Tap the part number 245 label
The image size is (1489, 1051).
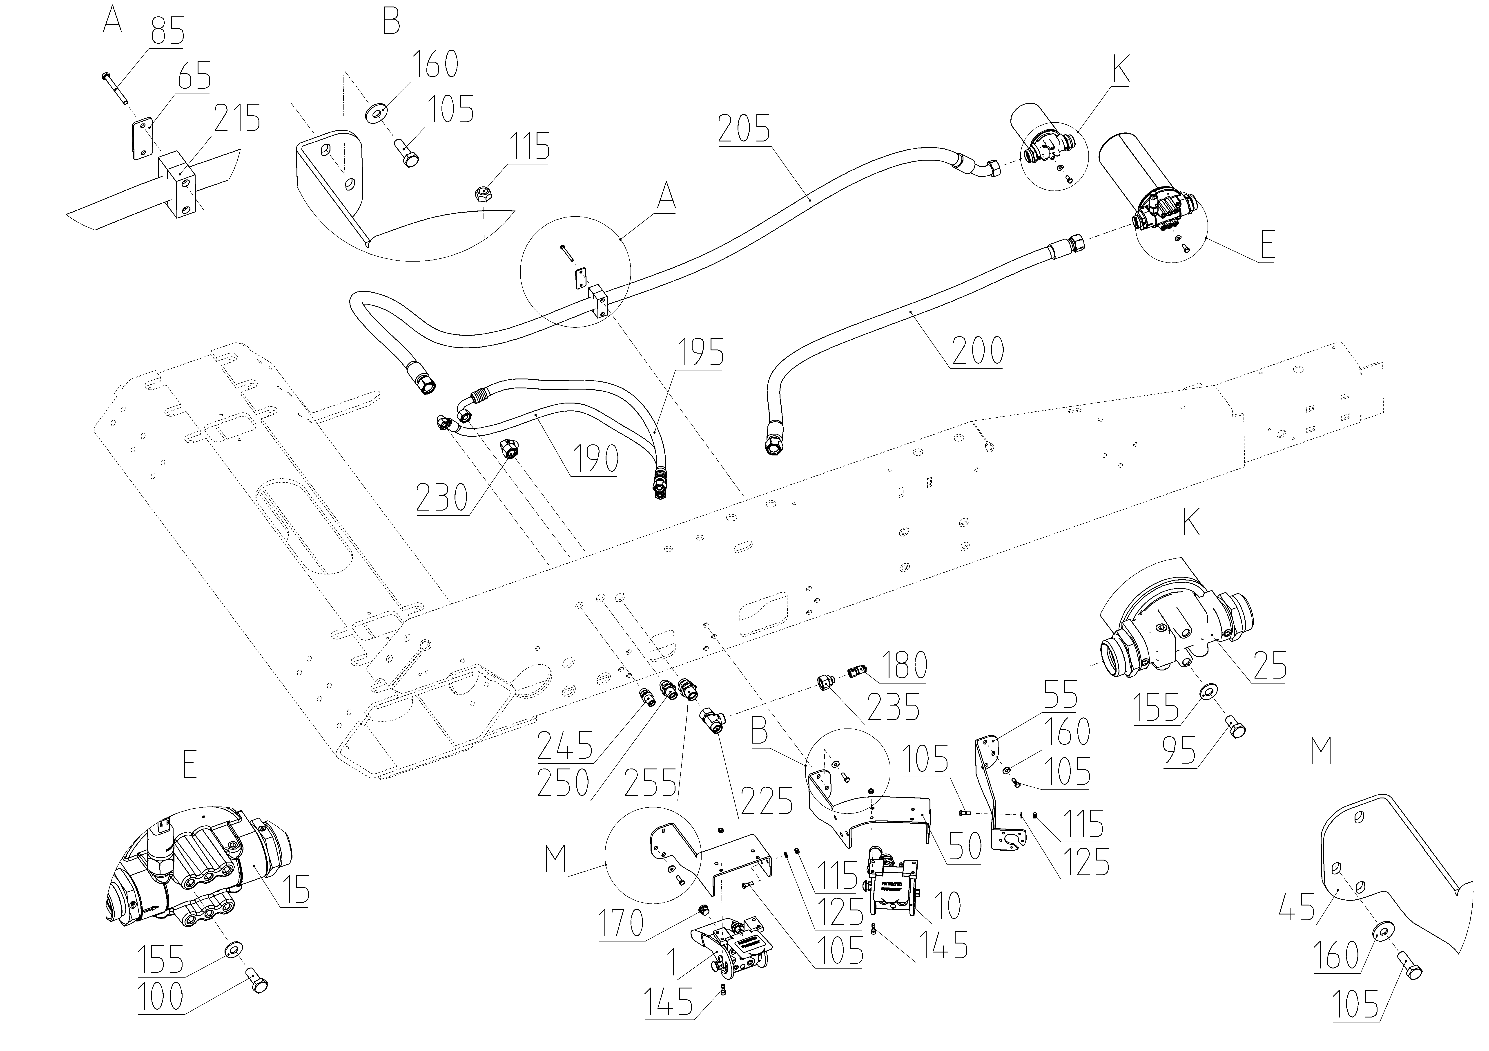click(565, 745)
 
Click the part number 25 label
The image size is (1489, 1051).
click(1269, 666)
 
